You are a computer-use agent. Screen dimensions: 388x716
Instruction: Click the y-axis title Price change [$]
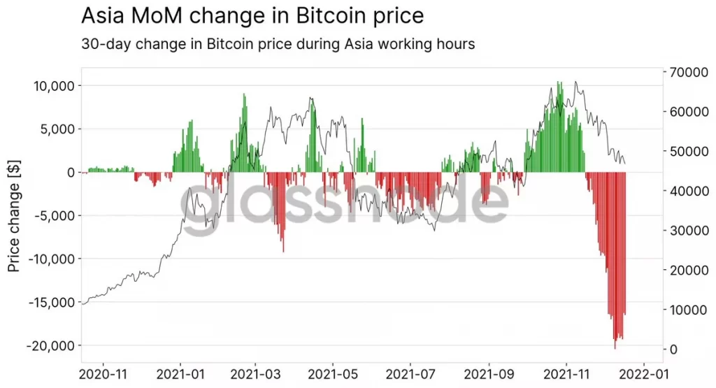15,215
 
